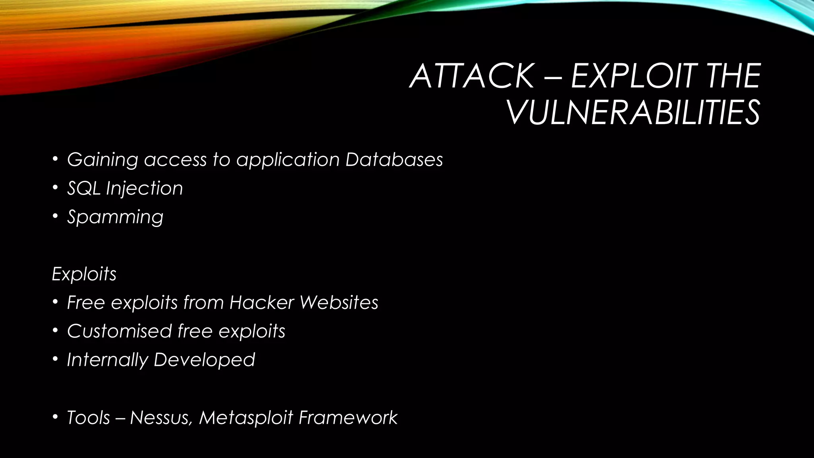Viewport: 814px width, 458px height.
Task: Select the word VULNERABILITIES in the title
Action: click(x=633, y=113)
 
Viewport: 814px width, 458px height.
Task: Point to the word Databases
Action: click(x=394, y=159)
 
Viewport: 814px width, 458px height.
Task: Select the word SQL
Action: click(x=83, y=188)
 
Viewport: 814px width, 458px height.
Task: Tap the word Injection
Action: click(x=145, y=188)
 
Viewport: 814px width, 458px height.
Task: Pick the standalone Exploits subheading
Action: click(x=84, y=274)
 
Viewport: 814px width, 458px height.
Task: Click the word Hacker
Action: click(x=262, y=303)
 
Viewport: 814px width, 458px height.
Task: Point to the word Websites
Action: click(x=339, y=303)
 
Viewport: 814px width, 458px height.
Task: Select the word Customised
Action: click(x=119, y=331)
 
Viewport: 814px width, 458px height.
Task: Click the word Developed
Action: click(x=204, y=360)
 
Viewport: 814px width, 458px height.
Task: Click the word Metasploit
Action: click(x=246, y=417)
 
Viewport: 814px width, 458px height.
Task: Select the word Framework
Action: click(x=348, y=417)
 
